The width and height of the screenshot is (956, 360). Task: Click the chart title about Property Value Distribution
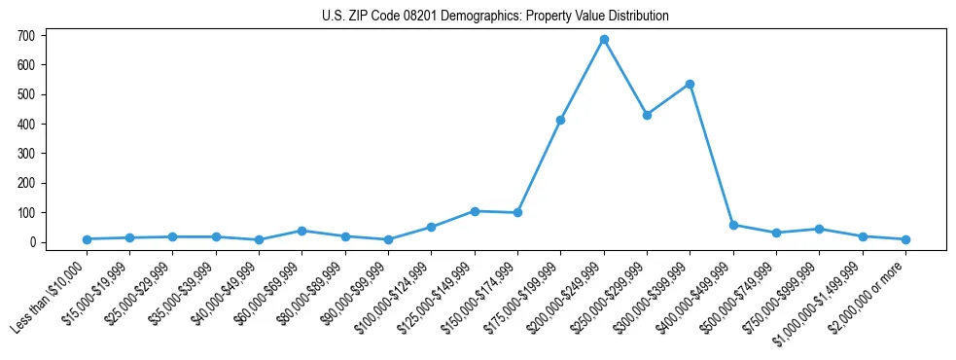coord(495,16)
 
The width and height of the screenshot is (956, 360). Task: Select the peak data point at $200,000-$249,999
coord(604,40)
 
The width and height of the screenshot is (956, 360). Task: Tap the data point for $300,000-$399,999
coord(690,85)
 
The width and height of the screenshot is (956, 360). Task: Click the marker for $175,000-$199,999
coord(561,121)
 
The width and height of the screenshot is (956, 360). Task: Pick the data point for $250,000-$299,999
coord(647,115)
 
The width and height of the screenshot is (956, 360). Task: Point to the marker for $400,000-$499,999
coord(733,225)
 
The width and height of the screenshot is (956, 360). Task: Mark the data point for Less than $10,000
coord(87,239)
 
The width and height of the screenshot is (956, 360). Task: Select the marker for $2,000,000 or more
coord(905,239)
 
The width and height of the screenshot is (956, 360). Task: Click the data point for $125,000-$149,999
coord(475,211)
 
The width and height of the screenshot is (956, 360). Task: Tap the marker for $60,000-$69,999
coord(302,231)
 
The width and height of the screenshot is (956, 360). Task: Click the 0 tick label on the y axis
coord(32,242)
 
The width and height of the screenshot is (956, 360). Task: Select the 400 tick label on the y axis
coord(26,125)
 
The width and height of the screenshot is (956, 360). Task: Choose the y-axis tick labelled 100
coord(26,213)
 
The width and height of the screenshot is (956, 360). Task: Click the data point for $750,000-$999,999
coord(819,230)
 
